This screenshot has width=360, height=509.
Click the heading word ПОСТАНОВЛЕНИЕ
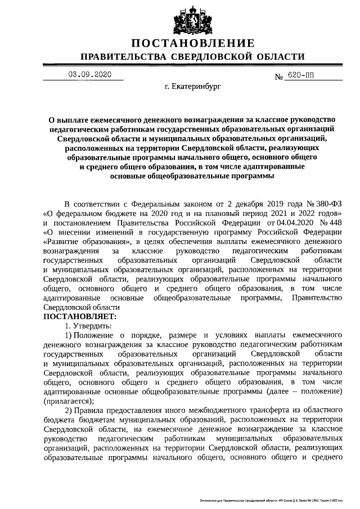(193, 43)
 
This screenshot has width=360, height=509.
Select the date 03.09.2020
(90, 75)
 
